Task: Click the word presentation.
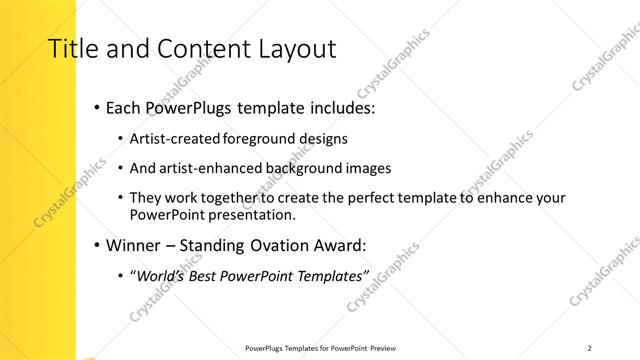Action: [251, 215]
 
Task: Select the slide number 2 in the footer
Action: [590, 348]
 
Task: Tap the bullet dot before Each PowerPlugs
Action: [95, 107]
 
